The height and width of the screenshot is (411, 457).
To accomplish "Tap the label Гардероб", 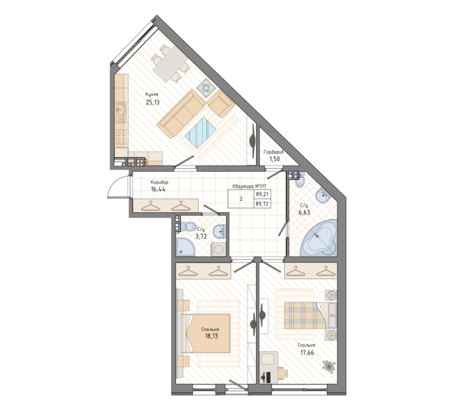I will coord(273,152).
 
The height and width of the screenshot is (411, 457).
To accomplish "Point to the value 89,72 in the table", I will coord(263,203).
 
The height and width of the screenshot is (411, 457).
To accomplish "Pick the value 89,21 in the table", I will coord(263,194).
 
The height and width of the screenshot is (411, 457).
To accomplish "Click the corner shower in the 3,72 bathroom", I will coord(185,246).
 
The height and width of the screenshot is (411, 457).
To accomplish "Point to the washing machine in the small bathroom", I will coord(219,249).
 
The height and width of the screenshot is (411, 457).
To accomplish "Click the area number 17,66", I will coord(306,352).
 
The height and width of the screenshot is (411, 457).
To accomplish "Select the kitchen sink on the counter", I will coord(121,108).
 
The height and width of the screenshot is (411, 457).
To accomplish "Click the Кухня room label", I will coord(151,95).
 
